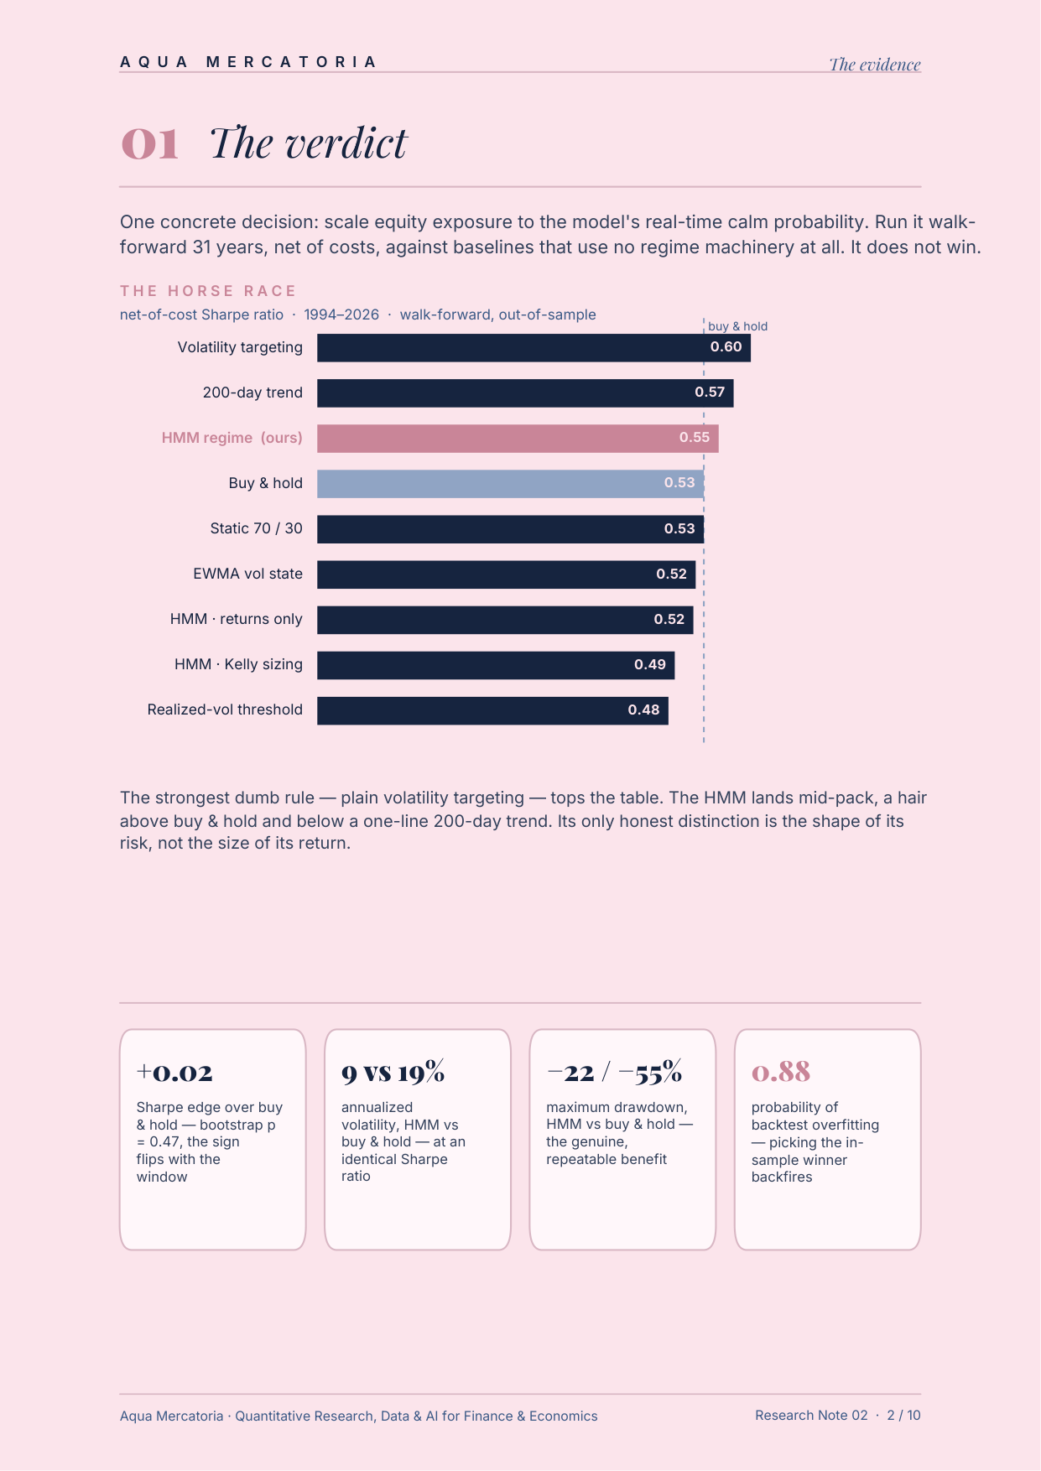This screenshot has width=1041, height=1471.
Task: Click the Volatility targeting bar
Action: pyautogui.click(x=534, y=348)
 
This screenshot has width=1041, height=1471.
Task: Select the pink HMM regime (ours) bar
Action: pyautogui.click(x=518, y=439)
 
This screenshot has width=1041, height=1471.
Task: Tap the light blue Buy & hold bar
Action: pyautogui.click(x=510, y=484)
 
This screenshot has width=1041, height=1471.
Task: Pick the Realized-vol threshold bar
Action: pyautogui.click(x=492, y=710)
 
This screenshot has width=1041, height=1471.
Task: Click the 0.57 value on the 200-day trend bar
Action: pyautogui.click(x=710, y=392)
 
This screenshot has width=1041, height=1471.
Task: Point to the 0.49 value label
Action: pyautogui.click(x=650, y=665)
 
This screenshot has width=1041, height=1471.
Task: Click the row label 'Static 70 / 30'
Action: pyautogui.click(x=256, y=528)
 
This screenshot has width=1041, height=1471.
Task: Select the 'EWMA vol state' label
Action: pyautogui.click(x=247, y=574)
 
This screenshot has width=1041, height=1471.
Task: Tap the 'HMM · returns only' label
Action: pyautogui.click(x=236, y=619)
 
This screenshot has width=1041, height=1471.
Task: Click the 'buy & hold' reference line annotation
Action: pyautogui.click(x=737, y=326)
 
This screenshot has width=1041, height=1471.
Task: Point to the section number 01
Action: pyautogui.click(x=150, y=143)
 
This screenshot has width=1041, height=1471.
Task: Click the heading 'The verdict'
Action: pyautogui.click(x=308, y=143)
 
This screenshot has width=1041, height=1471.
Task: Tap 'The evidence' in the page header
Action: pyautogui.click(x=875, y=65)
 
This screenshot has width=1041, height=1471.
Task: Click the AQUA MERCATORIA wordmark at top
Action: pyautogui.click(x=248, y=62)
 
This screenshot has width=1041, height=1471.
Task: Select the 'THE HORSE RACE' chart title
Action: pyautogui.click(x=208, y=291)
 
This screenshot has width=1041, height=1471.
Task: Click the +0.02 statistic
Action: pyautogui.click(x=174, y=1073)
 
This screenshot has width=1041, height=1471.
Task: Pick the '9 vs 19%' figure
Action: pyautogui.click(x=393, y=1072)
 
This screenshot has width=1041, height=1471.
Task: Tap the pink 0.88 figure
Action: pyautogui.click(x=781, y=1072)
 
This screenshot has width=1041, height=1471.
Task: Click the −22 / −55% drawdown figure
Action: pyautogui.click(x=614, y=1072)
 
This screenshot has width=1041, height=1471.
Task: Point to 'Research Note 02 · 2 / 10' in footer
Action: pyautogui.click(x=838, y=1416)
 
